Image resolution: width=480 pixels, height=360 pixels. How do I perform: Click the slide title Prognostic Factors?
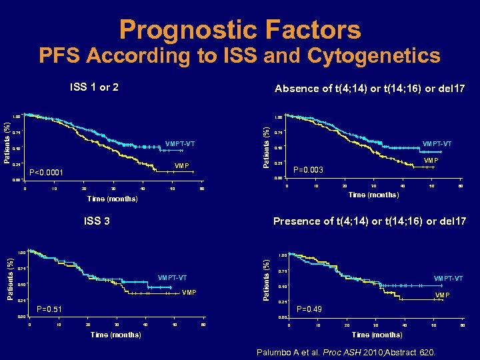click(x=240, y=29)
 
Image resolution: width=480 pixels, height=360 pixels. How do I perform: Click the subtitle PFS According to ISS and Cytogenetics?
click(x=240, y=55)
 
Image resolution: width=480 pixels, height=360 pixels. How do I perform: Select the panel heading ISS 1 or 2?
click(x=95, y=87)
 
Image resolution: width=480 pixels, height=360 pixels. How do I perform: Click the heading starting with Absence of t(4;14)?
click(x=369, y=88)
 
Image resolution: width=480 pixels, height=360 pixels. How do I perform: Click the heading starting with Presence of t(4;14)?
click(x=369, y=221)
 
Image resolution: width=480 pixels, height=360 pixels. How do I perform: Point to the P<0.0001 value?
click(x=47, y=173)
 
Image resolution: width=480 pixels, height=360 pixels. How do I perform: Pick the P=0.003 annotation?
click(x=308, y=170)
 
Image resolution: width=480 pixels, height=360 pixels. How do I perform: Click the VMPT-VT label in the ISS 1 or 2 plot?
click(x=179, y=144)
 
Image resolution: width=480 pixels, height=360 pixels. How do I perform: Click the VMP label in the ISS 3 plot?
click(x=190, y=293)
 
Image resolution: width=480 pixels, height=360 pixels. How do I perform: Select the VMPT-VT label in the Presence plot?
click(x=448, y=278)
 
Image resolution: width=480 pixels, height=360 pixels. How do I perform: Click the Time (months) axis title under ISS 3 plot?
click(x=115, y=335)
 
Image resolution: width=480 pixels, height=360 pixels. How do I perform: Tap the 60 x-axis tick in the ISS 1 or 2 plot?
click(x=202, y=189)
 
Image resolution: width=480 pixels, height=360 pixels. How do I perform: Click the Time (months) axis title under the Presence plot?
click(x=377, y=335)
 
